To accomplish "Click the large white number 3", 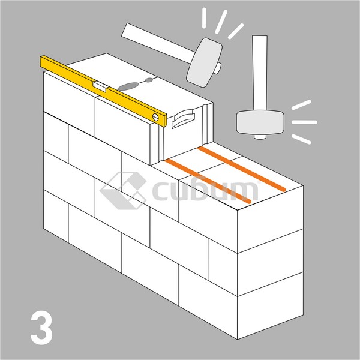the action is pyautogui.click(x=41, y=328).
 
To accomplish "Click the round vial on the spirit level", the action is pyautogui.click(x=155, y=117).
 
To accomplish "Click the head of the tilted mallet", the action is pyautogui.click(x=205, y=62).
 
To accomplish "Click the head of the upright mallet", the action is pyautogui.click(x=260, y=122).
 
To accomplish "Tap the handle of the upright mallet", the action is pyautogui.click(x=260, y=73).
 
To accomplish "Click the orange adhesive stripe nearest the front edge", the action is pyautogui.click(x=208, y=181).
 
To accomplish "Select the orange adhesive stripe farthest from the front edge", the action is pyautogui.click(x=242, y=169).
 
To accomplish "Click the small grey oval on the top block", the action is pyautogui.click(x=149, y=80).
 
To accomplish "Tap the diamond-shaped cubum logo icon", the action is pyautogui.click(x=123, y=191).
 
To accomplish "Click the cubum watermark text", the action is pyautogui.click(x=205, y=191).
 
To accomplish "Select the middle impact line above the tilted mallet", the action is pyautogui.click(x=221, y=22).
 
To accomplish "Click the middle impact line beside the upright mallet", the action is pyautogui.click(x=304, y=122).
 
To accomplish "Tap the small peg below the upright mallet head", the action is pyautogui.click(x=260, y=137).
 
